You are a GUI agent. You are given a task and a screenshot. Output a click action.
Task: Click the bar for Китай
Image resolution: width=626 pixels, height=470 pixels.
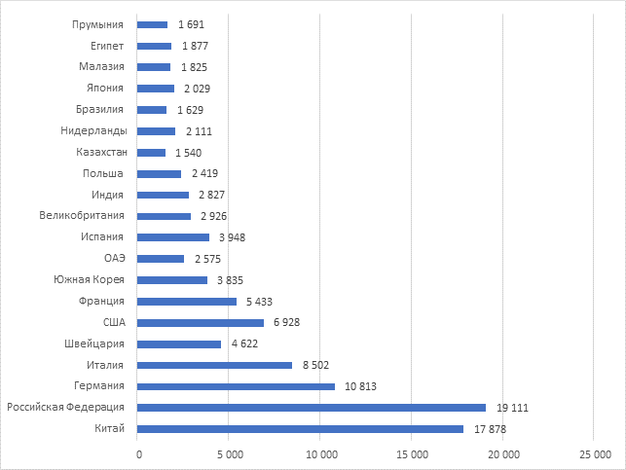(x=301, y=429)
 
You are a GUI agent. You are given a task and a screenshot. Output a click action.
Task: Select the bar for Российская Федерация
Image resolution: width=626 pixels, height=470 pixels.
(x=312, y=408)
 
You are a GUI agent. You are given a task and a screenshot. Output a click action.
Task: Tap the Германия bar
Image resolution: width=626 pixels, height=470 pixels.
(x=237, y=386)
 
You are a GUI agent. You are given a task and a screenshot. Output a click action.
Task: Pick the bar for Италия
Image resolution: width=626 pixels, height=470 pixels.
(x=215, y=365)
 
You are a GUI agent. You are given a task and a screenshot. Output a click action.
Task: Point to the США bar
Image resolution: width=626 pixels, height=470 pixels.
(x=201, y=322)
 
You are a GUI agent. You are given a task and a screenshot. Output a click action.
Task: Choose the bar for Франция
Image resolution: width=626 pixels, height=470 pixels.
(x=187, y=302)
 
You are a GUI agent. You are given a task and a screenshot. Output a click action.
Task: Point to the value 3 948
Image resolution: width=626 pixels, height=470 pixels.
(x=233, y=237)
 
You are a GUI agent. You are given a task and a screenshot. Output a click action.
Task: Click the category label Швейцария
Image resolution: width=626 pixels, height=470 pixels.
(x=95, y=344)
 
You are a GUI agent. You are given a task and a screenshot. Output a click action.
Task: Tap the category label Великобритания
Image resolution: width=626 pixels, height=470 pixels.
(x=82, y=216)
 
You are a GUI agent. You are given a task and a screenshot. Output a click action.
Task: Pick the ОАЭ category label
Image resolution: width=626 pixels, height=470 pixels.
(x=115, y=259)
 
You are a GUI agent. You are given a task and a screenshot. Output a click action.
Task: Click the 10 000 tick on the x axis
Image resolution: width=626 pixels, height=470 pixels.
(x=320, y=454)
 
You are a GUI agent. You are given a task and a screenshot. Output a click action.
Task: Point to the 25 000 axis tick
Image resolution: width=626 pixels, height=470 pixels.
(x=594, y=454)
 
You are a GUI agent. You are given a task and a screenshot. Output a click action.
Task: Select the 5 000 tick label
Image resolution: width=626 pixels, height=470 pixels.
(x=229, y=454)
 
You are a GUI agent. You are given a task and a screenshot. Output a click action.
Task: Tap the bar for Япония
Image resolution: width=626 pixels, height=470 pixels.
(x=156, y=89)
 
